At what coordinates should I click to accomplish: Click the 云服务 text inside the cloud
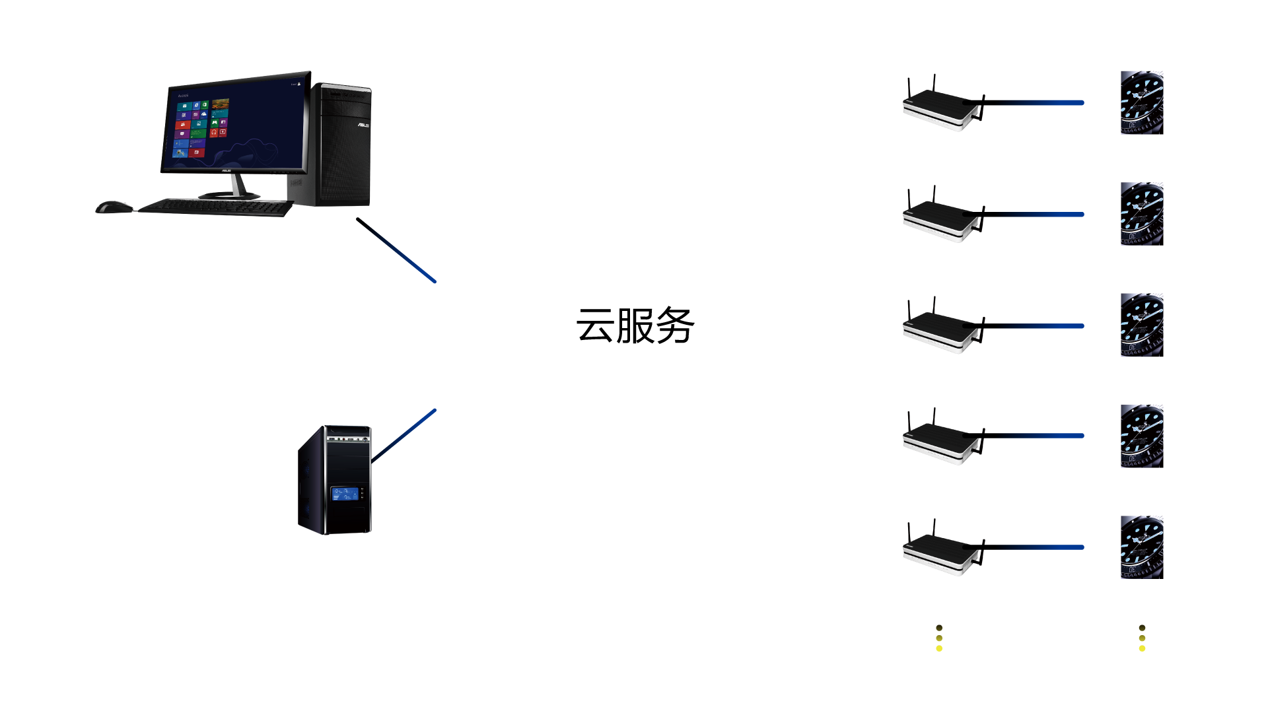[635, 325]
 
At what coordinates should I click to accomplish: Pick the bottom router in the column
[942, 553]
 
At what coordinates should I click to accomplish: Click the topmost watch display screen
[1142, 103]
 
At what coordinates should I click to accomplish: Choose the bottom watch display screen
[1142, 548]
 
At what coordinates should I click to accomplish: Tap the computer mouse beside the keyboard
[115, 207]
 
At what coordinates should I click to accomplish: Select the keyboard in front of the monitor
[215, 207]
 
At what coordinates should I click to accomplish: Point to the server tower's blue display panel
[345, 493]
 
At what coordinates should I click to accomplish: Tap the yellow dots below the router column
[939, 638]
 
